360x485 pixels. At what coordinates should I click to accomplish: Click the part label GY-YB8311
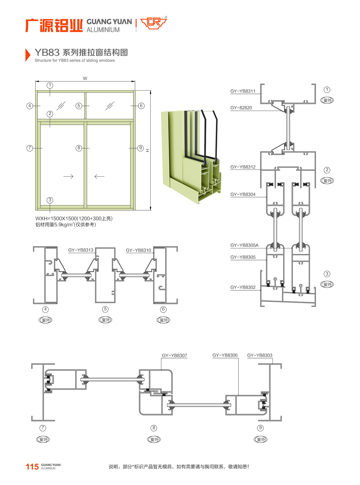point(243,91)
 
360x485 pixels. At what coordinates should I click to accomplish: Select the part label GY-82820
point(241,108)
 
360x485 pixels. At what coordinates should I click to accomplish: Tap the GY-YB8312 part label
point(243,167)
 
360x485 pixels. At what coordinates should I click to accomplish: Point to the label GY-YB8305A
point(244,245)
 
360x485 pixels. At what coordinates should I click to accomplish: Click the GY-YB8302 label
point(243,287)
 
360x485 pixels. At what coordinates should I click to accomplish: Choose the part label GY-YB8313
point(80,250)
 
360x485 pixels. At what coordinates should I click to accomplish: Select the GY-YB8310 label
point(138,250)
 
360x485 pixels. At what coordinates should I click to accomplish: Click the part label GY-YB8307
point(174,356)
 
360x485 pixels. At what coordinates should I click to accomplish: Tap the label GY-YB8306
point(225,355)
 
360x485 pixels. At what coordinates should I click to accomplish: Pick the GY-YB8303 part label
point(259,355)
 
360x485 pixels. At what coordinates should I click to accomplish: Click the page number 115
point(32,467)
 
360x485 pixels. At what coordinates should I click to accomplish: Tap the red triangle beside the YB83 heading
point(28,55)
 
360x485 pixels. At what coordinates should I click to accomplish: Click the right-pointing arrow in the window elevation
point(68,176)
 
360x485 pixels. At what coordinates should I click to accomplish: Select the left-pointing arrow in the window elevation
point(99,176)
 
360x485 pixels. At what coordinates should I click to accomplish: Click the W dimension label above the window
point(85,79)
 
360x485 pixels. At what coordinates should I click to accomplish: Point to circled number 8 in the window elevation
point(79,148)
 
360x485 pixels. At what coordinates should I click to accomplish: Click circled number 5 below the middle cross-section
point(105,309)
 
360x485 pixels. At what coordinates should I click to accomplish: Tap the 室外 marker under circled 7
point(43,439)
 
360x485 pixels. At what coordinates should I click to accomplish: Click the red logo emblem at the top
point(153,23)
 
